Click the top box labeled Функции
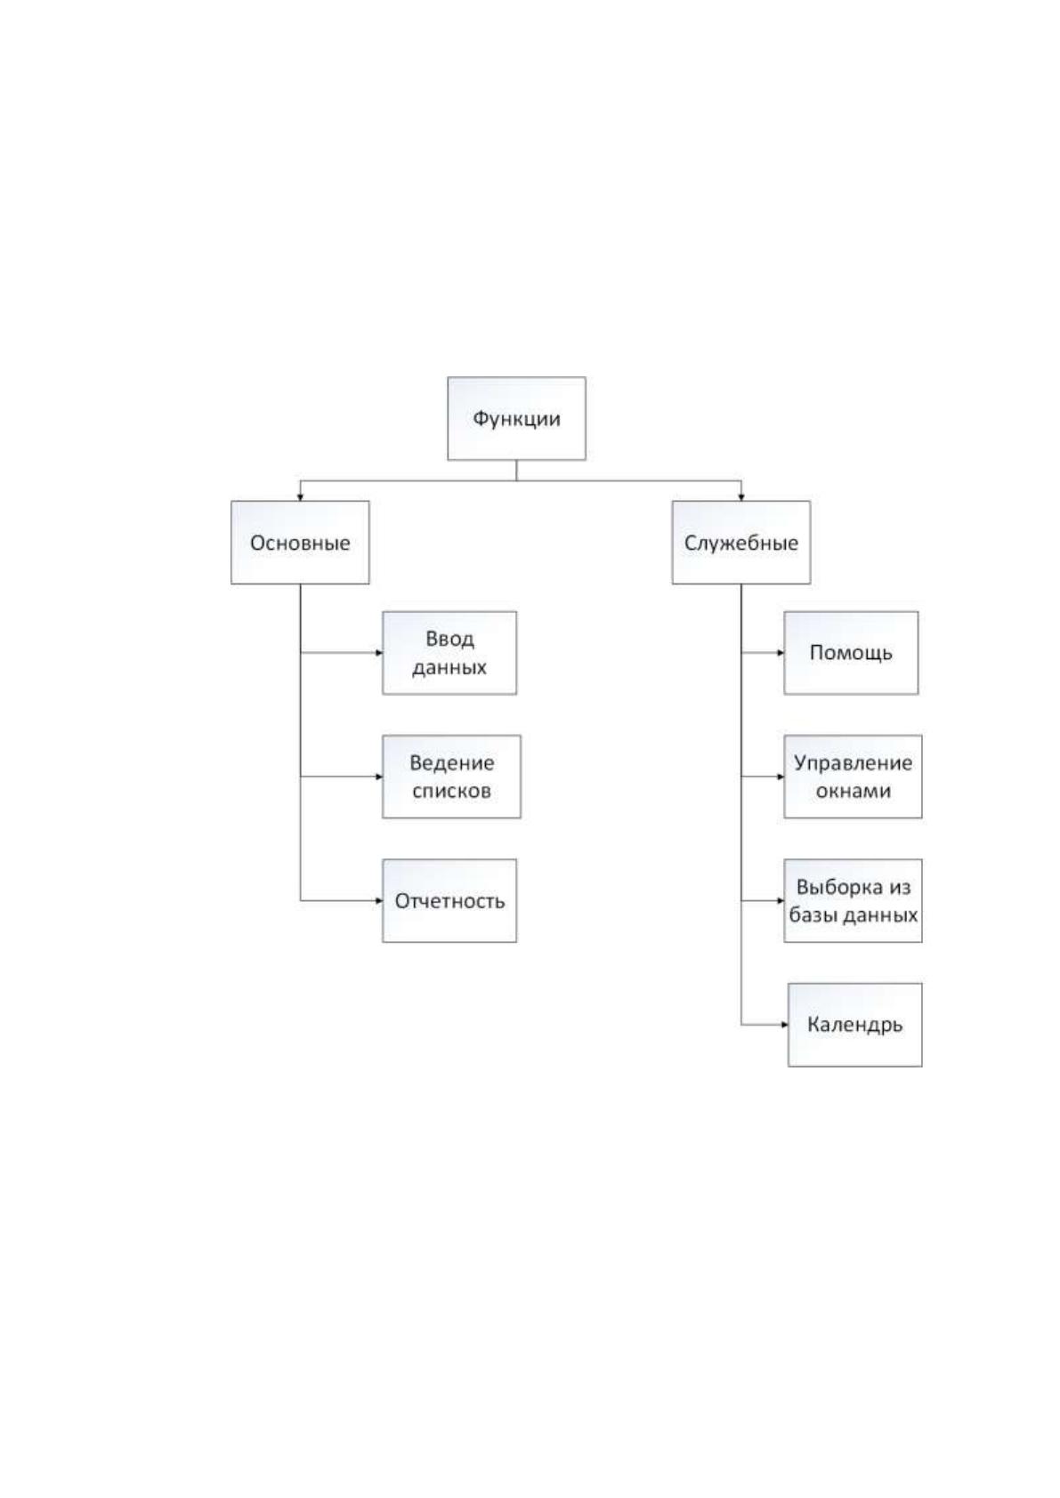(516, 418)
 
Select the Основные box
(300, 543)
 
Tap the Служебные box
(740, 543)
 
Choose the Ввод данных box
(449, 653)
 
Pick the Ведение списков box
(451, 777)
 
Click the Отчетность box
(449, 901)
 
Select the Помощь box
(851, 653)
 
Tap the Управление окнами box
(853, 777)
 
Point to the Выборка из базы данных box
(853, 901)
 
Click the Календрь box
(854, 1025)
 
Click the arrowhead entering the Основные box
(300, 497)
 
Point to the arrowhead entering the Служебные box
(740, 497)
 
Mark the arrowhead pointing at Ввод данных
(379, 653)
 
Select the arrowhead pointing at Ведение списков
(379, 777)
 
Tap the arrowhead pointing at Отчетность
(379, 901)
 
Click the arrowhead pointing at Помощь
(781, 653)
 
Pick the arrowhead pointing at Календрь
(784, 1025)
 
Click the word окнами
(854, 791)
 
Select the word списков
(451, 791)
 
